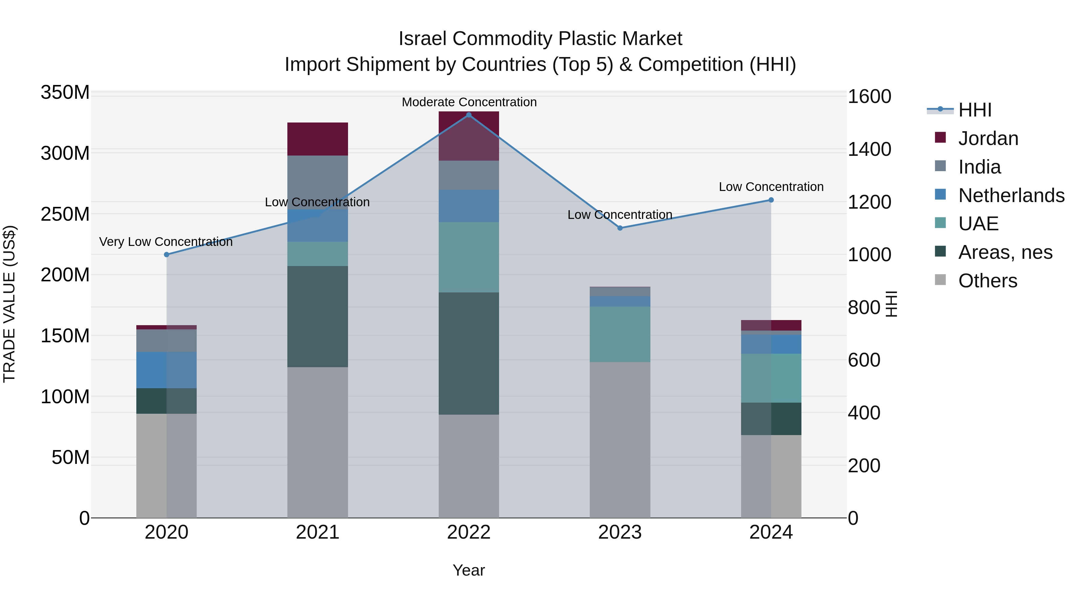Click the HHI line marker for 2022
pyautogui.click(x=469, y=115)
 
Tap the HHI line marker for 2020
pyautogui.click(x=167, y=255)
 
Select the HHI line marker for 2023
pyautogui.click(x=620, y=228)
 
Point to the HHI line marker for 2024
pyautogui.click(x=771, y=200)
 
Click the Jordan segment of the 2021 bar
pyautogui.click(x=318, y=139)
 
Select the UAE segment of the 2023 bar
pyautogui.click(x=620, y=334)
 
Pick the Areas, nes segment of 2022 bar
pyautogui.click(x=469, y=354)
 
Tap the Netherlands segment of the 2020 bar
pyautogui.click(x=167, y=370)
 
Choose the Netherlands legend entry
pyautogui.click(x=1010, y=195)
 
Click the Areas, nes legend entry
pyautogui.click(x=1005, y=252)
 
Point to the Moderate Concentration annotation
pyautogui.click(x=469, y=102)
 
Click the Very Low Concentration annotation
pyautogui.click(x=166, y=242)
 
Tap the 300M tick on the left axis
pyautogui.click(x=65, y=153)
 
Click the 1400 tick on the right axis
pyautogui.click(x=869, y=150)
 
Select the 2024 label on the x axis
pyautogui.click(x=771, y=532)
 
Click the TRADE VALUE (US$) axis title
pyautogui.click(x=9, y=304)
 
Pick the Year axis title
pyautogui.click(x=469, y=570)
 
